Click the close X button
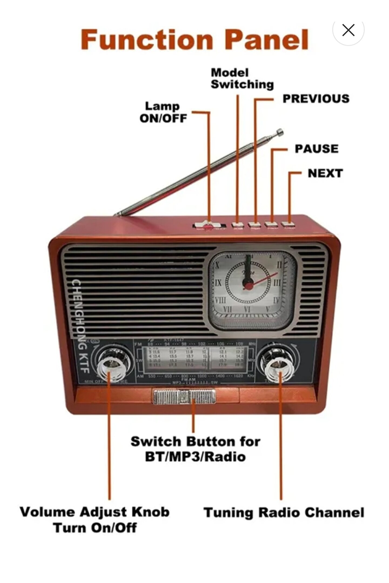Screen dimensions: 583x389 [348, 30]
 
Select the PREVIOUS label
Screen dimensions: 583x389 [316, 99]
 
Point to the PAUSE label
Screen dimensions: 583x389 [316, 149]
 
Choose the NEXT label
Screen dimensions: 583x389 [325, 173]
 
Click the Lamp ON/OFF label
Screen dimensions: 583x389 [163, 112]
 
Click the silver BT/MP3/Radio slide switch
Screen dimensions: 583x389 [184, 396]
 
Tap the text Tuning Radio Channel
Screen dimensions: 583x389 [284, 512]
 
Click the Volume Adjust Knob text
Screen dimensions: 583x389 [95, 512]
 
